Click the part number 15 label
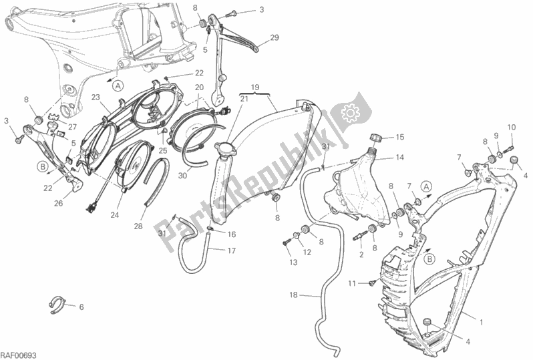[x=400, y=138]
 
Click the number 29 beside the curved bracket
[x=274, y=39]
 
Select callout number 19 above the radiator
[x=254, y=88]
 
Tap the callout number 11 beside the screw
[x=349, y=285]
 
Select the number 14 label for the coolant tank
[x=399, y=158]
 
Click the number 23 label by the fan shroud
[x=96, y=98]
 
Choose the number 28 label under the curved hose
[x=138, y=226]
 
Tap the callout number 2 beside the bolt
[x=360, y=254]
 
